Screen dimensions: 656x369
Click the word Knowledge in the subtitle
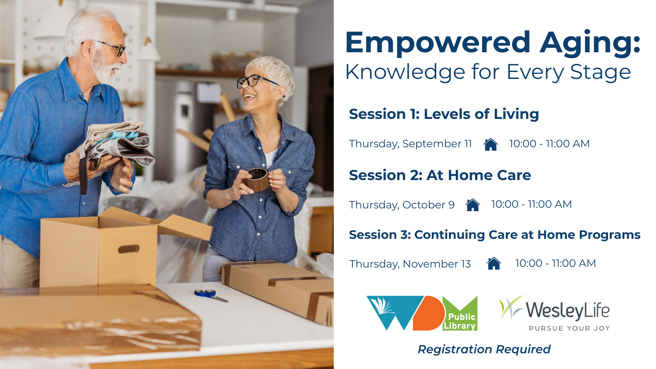pos(405,72)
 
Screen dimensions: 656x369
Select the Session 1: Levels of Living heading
pos(444,114)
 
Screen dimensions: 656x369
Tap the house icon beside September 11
pos(491,144)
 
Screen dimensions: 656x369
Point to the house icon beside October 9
pos(473,205)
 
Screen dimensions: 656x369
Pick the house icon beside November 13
pos(494,263)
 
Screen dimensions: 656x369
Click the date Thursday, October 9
pos(402,205)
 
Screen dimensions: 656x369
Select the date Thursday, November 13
pos(410,264)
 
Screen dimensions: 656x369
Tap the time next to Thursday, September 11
pos(549,143)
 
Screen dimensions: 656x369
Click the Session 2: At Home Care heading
pos(440,175)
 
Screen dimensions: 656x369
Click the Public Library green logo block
pos(460,313)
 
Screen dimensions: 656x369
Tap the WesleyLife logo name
pos(568,310)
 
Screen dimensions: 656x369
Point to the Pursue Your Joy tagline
pos(570,328)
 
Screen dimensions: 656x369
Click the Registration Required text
pos(484,350)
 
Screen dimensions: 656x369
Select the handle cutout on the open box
pos(129,249)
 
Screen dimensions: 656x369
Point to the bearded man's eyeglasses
pos(107,47)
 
